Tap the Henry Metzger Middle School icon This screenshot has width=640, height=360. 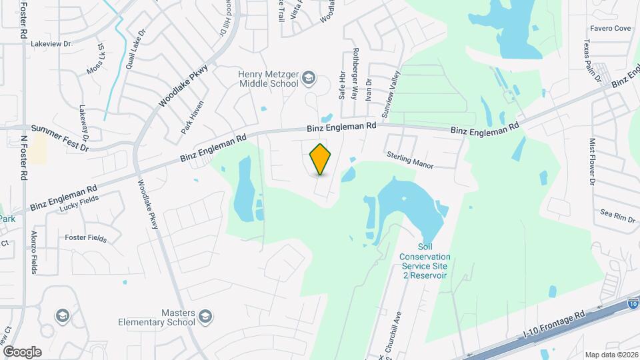(308, 79)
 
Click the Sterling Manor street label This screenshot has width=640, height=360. (410, 159)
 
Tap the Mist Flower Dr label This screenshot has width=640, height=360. (591, 162)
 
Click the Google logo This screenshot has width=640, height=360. (22, 351)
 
